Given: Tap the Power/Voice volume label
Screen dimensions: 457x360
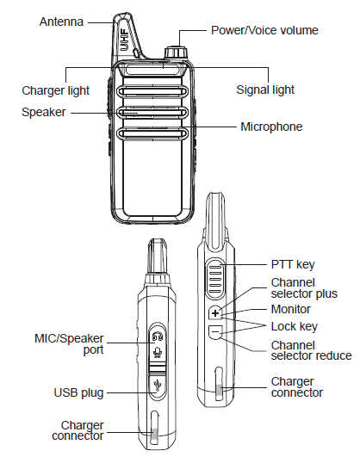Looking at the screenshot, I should click(x=264, y=30).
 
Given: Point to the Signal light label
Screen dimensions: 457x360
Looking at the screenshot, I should click(x=265, y=89).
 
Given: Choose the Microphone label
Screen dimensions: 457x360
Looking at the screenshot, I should click(x=270, y=127).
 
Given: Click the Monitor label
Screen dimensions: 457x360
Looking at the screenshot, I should click(x=291, y=307).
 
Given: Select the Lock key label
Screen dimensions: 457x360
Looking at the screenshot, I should click(x=293, y=326).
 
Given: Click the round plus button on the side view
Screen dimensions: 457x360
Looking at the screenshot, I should click(x=215, y=310).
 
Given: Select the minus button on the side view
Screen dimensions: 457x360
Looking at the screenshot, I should click(x=215, y=330).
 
